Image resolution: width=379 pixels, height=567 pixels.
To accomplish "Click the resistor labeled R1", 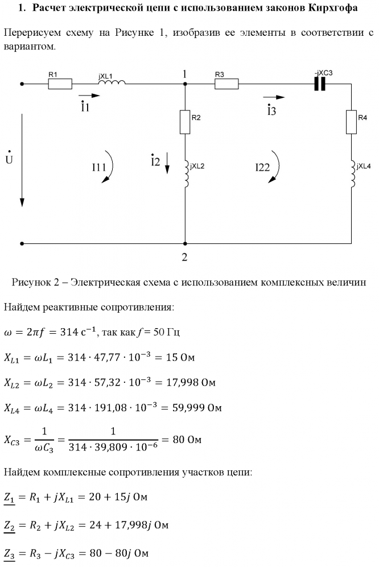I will pyautogui.click(x=60, y=84).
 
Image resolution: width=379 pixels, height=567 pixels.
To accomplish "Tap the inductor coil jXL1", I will pyautogui.click(x=112, y=83).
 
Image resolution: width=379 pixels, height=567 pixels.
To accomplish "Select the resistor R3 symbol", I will pyautogui.click(x=226, y=84).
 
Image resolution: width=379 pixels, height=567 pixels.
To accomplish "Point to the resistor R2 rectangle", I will pyautogui.click(x=185, y=122).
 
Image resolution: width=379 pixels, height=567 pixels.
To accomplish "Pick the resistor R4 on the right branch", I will pyautogui.click(x=351, y=122).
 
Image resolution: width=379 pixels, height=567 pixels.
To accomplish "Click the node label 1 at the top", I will pyautogui.click(x=184, y=74).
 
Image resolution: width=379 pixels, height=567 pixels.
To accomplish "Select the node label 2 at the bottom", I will pyautogui.click(x=184, y=256).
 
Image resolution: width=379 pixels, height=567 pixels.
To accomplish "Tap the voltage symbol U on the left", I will pyautogui.click(x=9, y=159).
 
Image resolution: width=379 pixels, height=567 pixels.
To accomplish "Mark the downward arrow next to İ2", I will pyautogui.click(x=167, y=164).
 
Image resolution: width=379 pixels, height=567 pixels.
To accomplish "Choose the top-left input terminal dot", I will pyautogui.click(x=22, y=84).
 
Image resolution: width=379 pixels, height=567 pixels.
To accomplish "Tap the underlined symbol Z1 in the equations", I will pyautogui.click(x=11, y=498).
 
